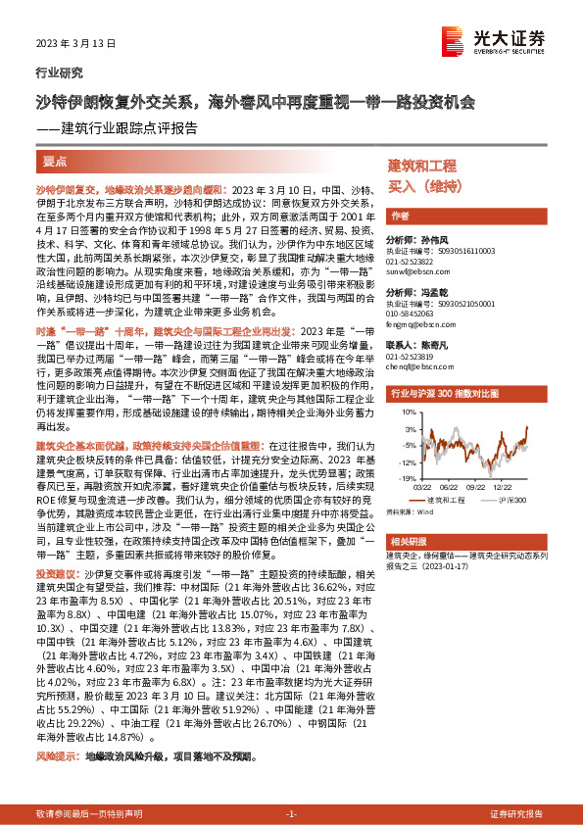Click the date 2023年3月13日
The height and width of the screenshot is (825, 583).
70,44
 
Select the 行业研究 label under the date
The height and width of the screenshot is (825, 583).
59,72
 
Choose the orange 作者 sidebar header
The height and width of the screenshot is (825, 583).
400,216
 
